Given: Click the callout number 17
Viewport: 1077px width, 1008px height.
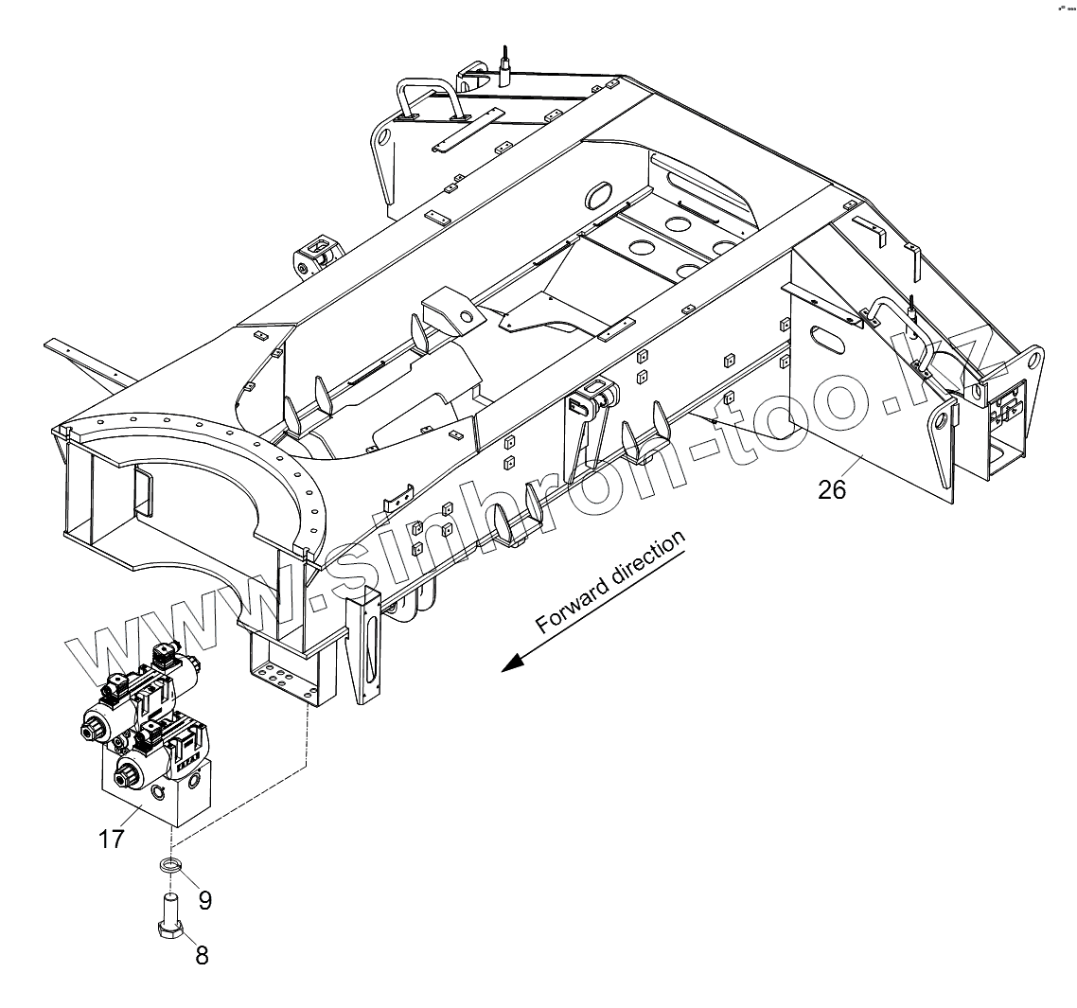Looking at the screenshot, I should click(112, 839).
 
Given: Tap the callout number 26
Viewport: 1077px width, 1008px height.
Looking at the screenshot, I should click(832, 488).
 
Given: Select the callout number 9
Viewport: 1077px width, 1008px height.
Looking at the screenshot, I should click(203, 899).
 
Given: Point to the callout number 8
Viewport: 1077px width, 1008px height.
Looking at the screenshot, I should click(202, 954).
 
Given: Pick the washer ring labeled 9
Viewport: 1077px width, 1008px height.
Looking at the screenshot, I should click(170, 865).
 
